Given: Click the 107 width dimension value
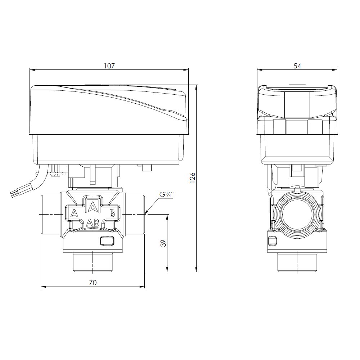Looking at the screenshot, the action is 109,66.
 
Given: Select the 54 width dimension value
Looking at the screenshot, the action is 297,66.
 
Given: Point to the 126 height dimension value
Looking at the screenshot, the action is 192,178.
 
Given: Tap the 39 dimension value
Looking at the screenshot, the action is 163,243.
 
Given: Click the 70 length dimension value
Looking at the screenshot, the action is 93,282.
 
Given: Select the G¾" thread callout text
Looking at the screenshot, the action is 166,195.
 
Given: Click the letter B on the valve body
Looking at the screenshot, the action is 112,213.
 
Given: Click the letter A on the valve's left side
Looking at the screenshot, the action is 74,213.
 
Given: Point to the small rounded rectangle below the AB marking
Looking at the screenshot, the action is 107,240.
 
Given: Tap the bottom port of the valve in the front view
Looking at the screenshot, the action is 93,261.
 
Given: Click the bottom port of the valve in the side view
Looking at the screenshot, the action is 297,262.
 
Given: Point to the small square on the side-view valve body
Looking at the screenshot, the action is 273,240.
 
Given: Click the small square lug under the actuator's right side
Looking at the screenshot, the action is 147,168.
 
